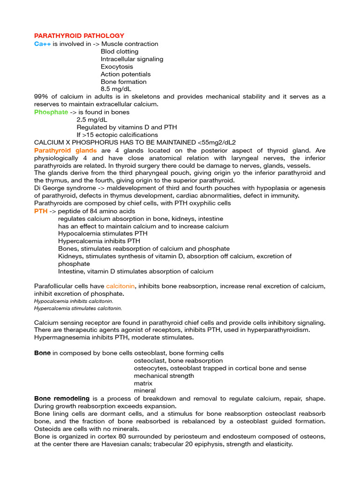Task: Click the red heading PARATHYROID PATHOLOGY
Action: (79, 36)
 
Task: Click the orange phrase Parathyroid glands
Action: (66, 150)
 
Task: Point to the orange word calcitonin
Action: (121, 286)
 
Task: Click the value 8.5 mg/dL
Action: (116, 89)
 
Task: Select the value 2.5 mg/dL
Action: (92, 120)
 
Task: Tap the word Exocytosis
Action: (117, 67)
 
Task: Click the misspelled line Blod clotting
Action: (120, 51)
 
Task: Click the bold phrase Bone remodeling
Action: (62, 398)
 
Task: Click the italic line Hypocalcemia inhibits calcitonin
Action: (74, 301)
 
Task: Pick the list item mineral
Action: (145, 390)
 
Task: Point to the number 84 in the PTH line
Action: (88, 211)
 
